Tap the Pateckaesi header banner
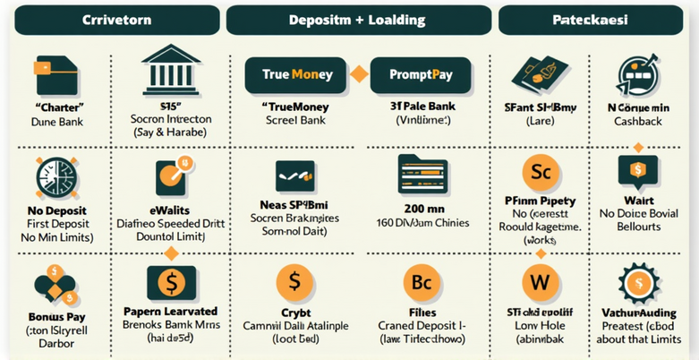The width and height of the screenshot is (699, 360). pos(588,19)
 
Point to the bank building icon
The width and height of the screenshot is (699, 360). pos(170,67)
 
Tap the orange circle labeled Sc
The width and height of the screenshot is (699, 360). pos(540,170)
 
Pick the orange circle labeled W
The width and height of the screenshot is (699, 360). pos(540,281)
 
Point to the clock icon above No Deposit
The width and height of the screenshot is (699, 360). pos(50,173)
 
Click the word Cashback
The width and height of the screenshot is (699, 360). pos(637,120)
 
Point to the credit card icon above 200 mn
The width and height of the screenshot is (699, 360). pos(421,173)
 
